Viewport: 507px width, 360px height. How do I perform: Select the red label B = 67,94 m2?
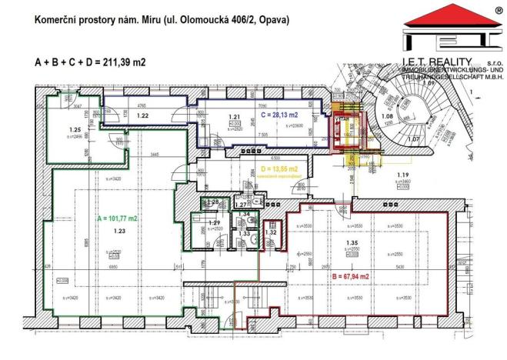click(x=350, y=276)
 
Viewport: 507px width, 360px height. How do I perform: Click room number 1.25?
click(x=75, y=130)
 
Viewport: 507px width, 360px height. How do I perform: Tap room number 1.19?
click(x=400, y=176)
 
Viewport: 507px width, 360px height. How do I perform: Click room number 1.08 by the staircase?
click(x=387, y=118)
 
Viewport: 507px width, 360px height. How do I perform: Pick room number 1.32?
click(x=270, y=232)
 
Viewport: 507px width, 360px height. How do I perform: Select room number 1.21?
click(x=235, y=117)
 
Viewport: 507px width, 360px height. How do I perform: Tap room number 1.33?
click(x=244, y=233)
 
